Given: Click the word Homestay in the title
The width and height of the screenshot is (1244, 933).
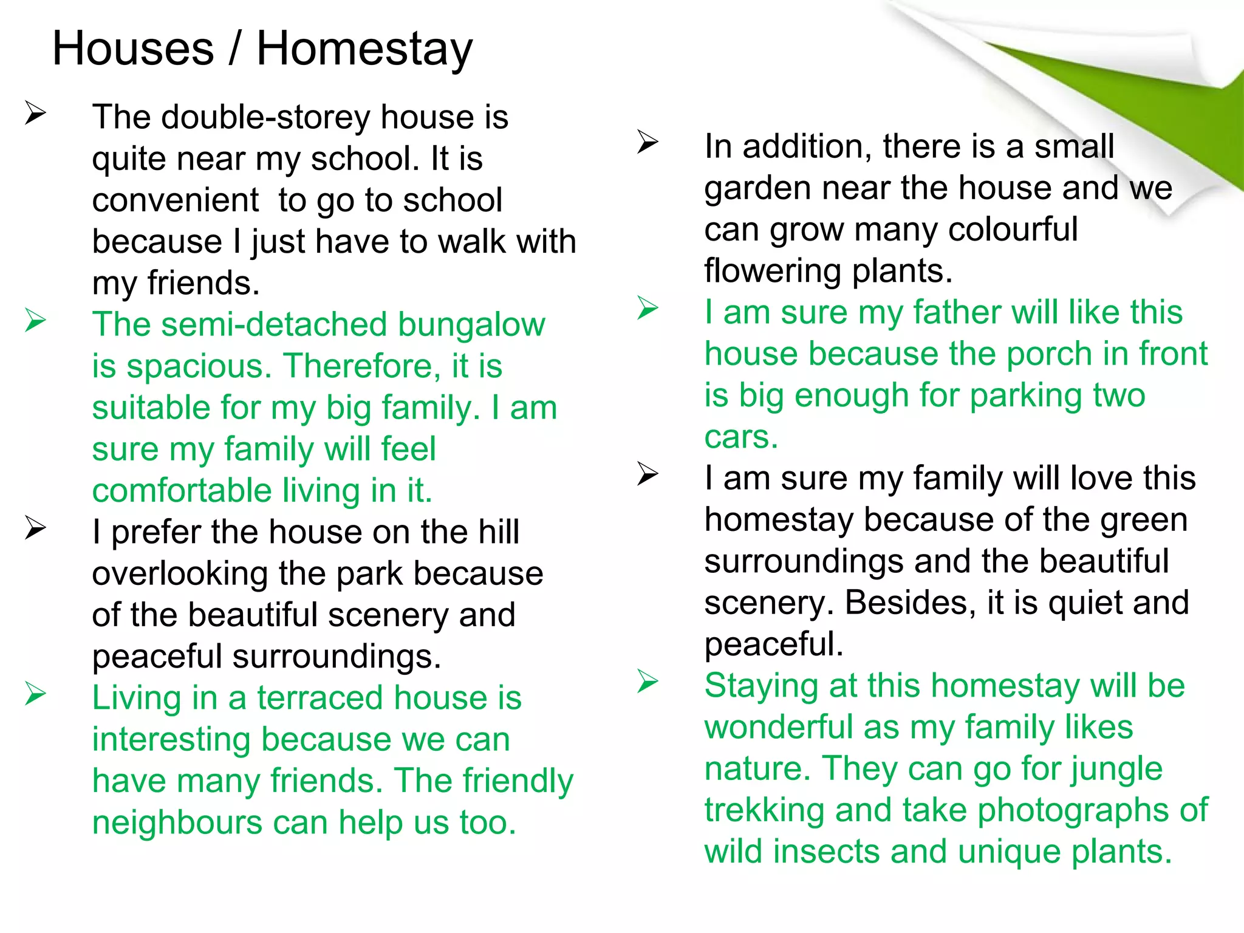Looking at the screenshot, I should (364, 50).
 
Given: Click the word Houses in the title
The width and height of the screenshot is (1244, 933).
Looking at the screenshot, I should (133, 49).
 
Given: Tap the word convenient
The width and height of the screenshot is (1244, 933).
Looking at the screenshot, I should (176, 200).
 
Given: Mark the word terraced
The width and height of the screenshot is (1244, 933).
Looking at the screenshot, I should (320, 698).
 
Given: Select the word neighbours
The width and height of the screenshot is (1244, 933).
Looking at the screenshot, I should (178, 823).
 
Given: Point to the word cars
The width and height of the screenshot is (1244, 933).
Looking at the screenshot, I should (740, 437).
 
